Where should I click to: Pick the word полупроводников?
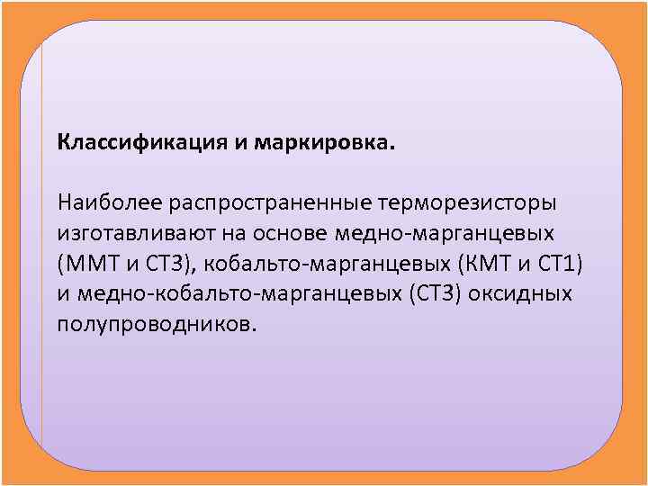(157, 325)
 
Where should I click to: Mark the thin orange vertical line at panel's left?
(41, 243)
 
